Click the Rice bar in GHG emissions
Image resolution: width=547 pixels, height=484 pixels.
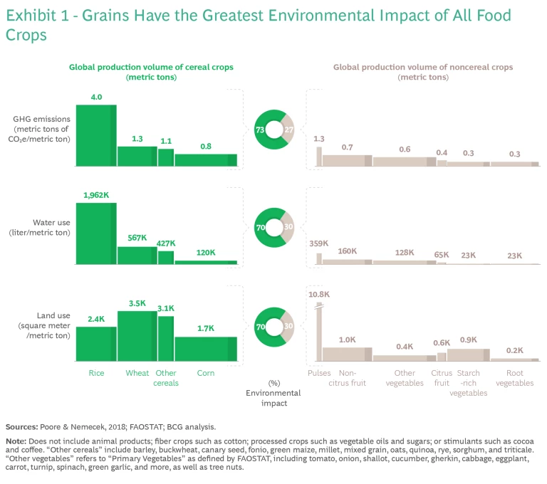(x=96, y=135)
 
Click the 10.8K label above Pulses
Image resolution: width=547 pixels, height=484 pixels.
(x=318, y=294)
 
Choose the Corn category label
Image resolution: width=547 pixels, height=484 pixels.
(x=206, y=373)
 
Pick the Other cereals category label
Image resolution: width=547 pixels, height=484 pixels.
(x=166, y=378)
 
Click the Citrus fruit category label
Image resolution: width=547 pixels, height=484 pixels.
(x=442, y=378)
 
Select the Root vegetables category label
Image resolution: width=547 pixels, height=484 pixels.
(x=514, y=378)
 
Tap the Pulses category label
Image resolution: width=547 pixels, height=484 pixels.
(x=320, y=373)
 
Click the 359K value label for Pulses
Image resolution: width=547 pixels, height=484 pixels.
(x=318, y=243)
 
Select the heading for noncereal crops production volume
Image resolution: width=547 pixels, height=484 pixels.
(x=423, y=72)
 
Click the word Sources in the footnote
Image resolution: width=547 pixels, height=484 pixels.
(x=21, y=427)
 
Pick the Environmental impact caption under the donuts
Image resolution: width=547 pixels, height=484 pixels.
(x=273, y=398)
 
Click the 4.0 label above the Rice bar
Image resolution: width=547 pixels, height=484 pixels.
(x=96, y=97)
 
